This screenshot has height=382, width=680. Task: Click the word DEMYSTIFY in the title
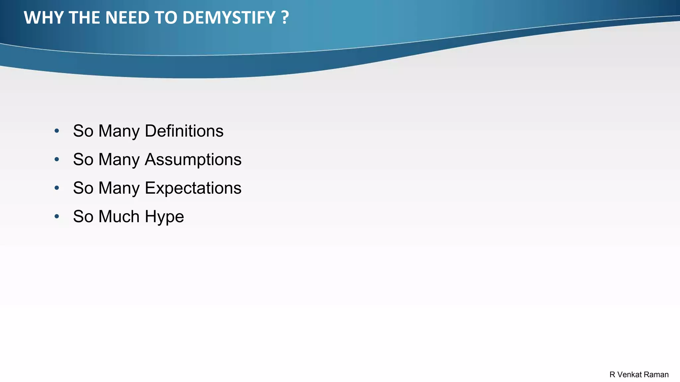229,18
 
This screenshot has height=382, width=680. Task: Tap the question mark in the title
285,18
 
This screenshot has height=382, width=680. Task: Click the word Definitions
184,131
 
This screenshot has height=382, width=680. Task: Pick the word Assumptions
193,159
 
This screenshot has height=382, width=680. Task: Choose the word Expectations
193,188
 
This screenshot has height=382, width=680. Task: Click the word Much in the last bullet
119,217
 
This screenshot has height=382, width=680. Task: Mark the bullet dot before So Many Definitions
57,131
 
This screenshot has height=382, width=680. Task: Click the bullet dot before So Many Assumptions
57,159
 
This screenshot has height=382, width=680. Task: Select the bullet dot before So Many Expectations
57,188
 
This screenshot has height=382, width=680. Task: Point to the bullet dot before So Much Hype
57,217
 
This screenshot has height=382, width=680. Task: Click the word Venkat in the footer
629,375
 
